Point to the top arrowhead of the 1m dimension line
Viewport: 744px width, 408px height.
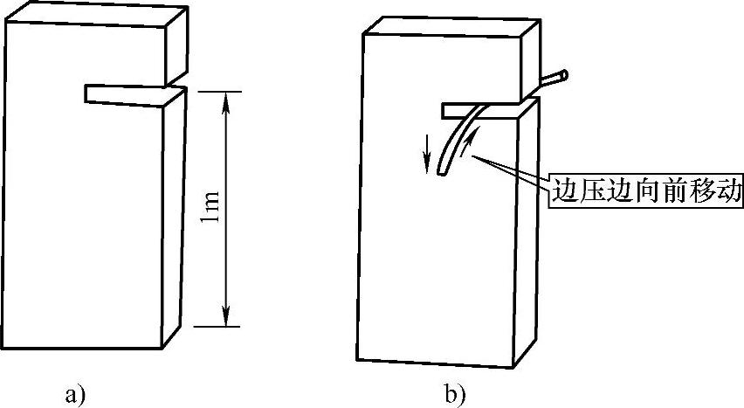point(227,98)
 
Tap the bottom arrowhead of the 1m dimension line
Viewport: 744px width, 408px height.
point(227,319)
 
